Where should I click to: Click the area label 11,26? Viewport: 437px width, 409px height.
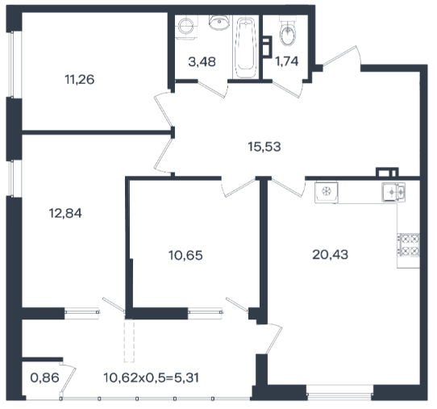(80, 79)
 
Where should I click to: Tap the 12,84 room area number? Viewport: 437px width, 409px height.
(65, 214)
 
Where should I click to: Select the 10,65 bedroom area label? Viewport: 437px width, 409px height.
(185, 256)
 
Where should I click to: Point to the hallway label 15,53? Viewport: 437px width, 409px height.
(264, 147)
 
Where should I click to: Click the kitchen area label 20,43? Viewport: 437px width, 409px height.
(331, 255)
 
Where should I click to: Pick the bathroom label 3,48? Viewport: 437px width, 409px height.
(202, 62)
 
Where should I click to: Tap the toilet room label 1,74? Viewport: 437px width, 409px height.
(287, 61)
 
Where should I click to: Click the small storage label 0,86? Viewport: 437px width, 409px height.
(44, 378)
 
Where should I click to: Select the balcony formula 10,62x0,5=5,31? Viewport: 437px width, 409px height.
(152, 378)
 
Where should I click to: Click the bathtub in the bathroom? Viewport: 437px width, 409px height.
(245, 48)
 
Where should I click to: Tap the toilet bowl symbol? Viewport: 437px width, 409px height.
(287, 31)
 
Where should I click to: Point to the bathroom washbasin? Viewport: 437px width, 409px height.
(219, 23)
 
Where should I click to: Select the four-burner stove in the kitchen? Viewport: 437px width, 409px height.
(409, 245)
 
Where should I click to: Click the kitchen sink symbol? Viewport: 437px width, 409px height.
(393, 192)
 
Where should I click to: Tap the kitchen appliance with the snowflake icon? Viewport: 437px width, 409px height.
(327, 192)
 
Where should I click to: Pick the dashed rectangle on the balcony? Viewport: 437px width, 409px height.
(129, 340)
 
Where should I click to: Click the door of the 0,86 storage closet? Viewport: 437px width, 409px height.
(68, 378)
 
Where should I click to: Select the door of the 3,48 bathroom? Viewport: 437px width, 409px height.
(213, 90)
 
